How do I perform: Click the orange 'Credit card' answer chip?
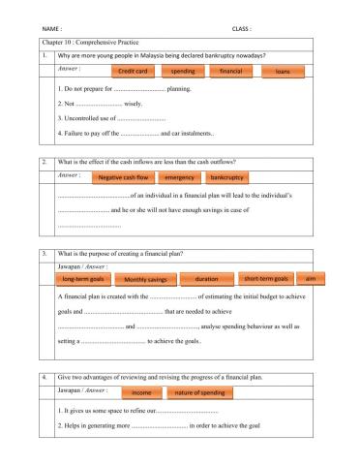pos(132,72)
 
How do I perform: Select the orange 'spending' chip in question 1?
pos(182,72)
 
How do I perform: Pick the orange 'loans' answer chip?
pos(283,72)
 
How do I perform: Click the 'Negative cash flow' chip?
pos(124,177)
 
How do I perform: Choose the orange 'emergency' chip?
pos(180,177)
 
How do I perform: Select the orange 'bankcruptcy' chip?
pos(227,177)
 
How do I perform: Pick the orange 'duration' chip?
pos(206,279)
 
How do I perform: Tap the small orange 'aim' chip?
pos(310,279)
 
